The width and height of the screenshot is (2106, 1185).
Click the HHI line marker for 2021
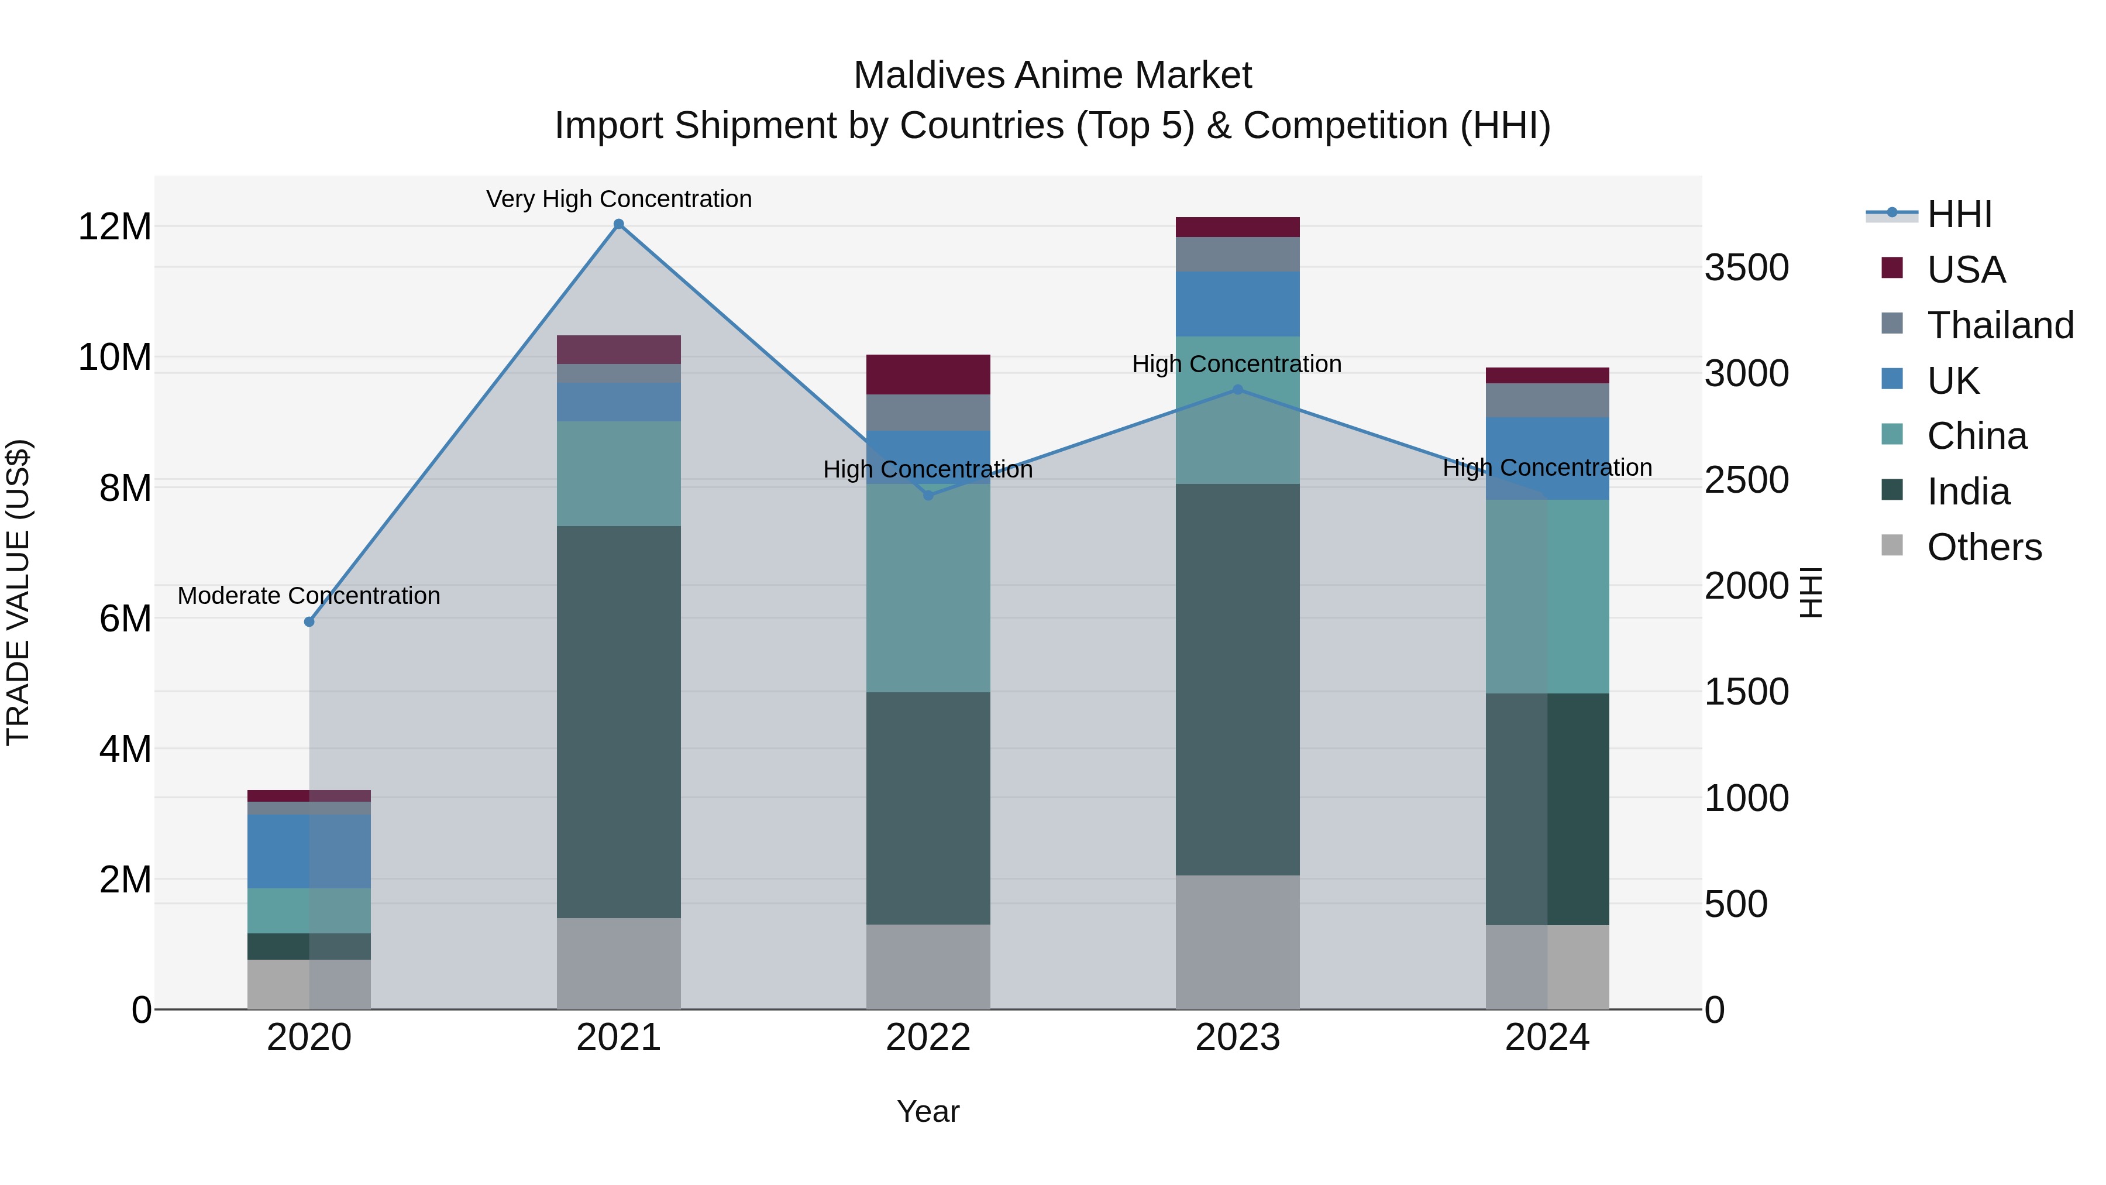click(x=619, y=224)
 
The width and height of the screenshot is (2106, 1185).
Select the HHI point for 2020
click(x=309, y=621)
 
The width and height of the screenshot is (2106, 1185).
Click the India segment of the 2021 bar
click(x=619, y=722)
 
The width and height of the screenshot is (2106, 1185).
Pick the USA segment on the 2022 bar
click(x=928, y=375)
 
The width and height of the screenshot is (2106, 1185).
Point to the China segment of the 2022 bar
click(x=928, y=588)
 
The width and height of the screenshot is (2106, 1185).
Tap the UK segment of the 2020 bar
click(x=309, y=850)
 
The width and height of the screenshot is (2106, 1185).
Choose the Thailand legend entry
click(x=2000, y=325)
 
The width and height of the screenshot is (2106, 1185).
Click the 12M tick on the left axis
click(x=115, y=226)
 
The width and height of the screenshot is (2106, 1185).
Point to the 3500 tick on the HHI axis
click(x=1746, y=267)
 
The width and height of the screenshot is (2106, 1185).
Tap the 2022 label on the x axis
click(x=928, y=1038)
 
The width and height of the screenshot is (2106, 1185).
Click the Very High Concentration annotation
click(x=619, y=199)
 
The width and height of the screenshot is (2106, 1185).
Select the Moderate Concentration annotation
click(x=309, y=595)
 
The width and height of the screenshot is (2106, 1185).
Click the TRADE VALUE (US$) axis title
click(x=18, y=592)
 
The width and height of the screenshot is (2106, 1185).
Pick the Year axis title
click(x=928, y=1111)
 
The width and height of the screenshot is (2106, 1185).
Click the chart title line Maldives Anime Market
click(x=1052, y=75)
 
